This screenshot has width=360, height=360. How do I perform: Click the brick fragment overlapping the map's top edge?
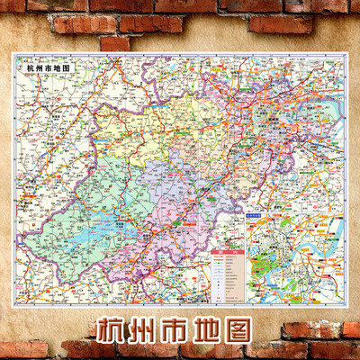(x=114, y=43)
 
